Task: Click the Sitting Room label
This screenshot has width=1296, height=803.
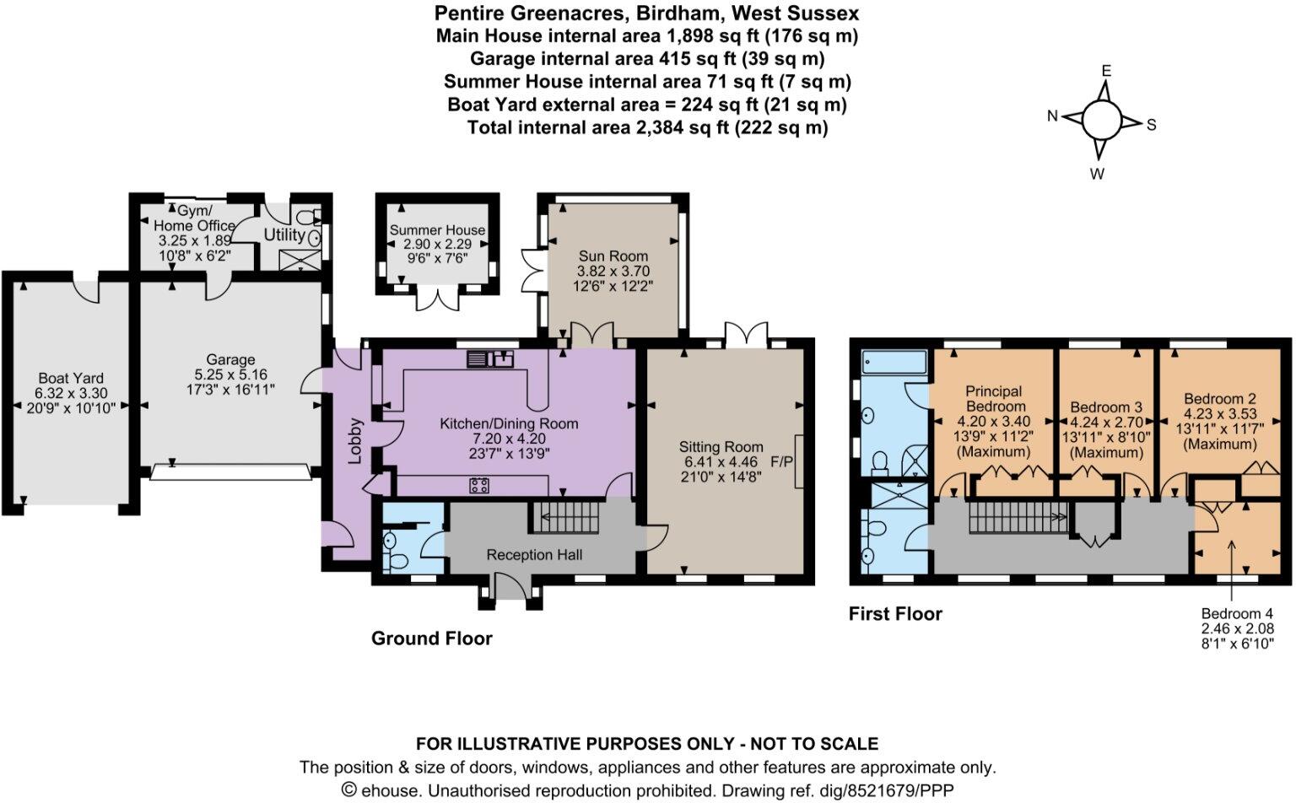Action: [721, 447]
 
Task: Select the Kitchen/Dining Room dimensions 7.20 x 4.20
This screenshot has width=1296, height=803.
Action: [509, 439]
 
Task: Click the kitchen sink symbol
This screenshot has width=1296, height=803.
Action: [490, 359]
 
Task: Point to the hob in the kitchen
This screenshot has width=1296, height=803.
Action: [480, 485]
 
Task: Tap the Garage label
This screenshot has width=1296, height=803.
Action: [229, 359]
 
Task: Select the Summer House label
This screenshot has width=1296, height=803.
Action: [437, 230]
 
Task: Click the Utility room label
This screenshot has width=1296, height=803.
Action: [283, 234]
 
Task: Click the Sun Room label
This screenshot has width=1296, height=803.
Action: [613, 256]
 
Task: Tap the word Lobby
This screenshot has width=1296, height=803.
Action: [355, 440]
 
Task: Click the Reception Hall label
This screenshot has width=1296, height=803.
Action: [534, 555]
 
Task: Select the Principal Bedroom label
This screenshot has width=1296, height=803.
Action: [993, 399]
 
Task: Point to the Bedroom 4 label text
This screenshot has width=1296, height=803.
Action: [1237, 614]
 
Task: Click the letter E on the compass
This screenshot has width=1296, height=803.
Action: [1106, 71]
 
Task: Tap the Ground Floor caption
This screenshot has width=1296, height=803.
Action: [431, 639]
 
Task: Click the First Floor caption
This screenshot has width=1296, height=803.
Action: [894, 614]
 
